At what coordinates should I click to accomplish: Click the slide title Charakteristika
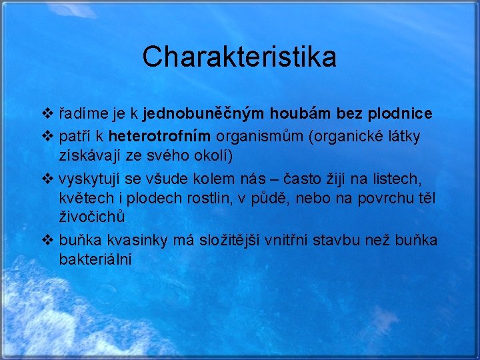click(239, 57)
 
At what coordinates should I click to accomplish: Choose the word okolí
click(211, 155)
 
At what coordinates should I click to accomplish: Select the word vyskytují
click(89, 179)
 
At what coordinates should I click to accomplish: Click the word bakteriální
click(95, 259)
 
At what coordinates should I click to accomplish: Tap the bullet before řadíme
click(47, 114)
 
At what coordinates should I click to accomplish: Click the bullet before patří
click(47, 137)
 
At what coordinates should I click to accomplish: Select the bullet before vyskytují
click(47, 179)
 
